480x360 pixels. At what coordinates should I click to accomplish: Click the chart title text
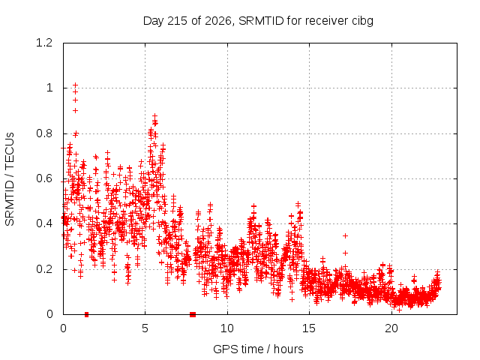[258, 21]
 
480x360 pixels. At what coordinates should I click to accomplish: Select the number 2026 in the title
[217, 21]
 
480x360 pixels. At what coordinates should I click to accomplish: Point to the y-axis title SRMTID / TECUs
[10, 179]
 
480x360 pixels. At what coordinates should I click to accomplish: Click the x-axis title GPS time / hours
[258, 349]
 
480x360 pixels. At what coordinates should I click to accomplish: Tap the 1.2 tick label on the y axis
[44, 43]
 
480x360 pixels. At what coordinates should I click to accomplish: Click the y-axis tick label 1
[49, 88]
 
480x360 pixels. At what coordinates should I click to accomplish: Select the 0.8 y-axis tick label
[44, 133]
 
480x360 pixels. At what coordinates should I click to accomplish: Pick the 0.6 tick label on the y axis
[44, 178]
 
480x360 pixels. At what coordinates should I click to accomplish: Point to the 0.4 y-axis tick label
[44, 223]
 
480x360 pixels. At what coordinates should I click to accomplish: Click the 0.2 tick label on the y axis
[44, 269]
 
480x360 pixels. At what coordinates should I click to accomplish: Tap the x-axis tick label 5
[145, 328]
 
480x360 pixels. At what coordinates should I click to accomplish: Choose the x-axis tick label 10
[227, 328]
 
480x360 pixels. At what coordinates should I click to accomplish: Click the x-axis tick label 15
[309, 328]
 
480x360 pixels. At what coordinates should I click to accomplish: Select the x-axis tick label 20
[391, 328]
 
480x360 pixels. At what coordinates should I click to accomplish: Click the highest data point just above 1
[75, 85]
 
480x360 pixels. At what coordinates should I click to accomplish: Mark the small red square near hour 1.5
[87, 314]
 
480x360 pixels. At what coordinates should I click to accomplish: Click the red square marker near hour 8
[193, 314]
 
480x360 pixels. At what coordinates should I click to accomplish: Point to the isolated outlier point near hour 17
[345, 235]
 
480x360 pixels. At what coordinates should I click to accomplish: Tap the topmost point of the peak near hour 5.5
[155, 116]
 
